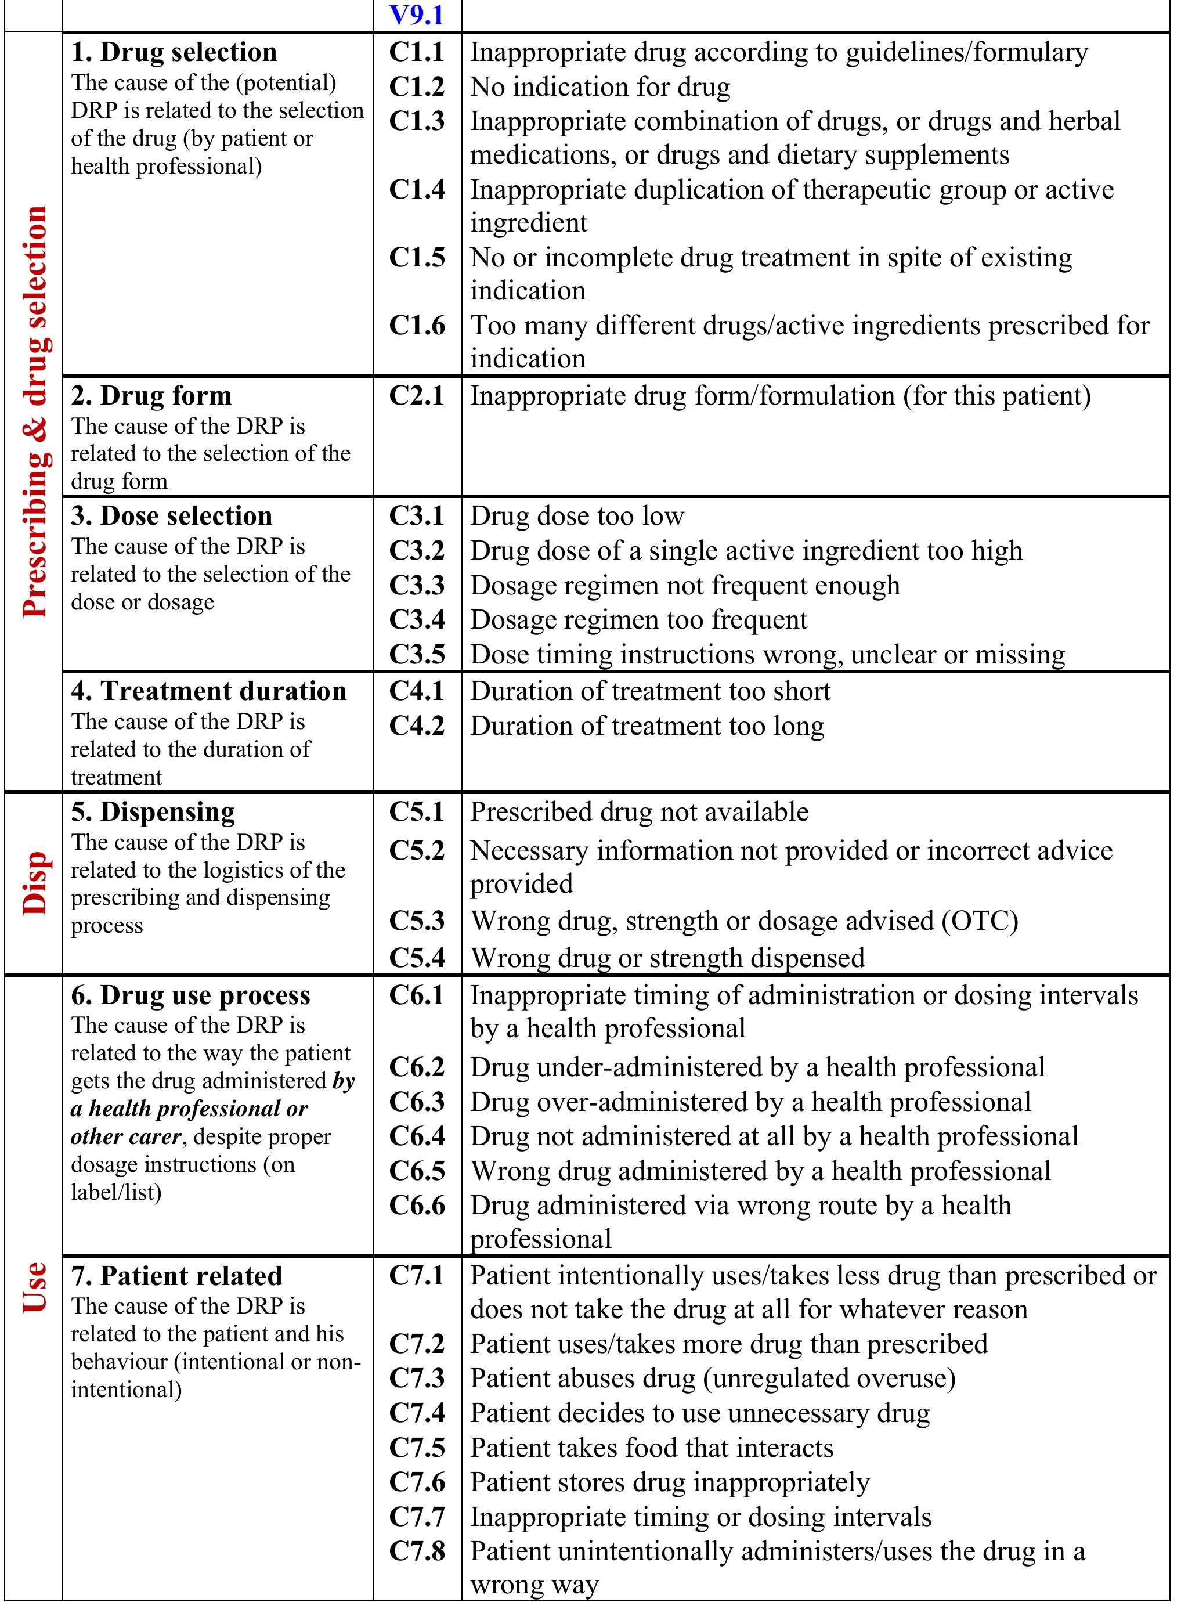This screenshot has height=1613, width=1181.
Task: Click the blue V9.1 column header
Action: click(417, 15)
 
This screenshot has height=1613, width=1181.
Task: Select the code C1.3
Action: click(417, 121)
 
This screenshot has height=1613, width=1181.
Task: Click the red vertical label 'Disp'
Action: click(34, 883)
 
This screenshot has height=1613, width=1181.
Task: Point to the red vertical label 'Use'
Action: click(34, 1287)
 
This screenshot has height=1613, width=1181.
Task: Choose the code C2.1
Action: click(417, 395)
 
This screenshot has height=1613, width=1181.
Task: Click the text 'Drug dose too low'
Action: click(577, 515)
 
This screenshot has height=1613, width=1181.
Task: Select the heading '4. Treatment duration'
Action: click(209, 691)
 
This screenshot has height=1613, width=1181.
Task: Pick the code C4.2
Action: click(417, 726)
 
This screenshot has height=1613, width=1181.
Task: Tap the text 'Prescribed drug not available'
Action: click(639, 811)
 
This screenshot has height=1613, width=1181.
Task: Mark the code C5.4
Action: click(417, 957)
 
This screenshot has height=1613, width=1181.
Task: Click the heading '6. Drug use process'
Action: click(190, 994)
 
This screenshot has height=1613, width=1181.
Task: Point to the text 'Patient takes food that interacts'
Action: click(651, 1447)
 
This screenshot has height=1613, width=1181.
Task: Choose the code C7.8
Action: click(417, 1551)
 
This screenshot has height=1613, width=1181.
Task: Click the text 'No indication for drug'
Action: click(600, 87)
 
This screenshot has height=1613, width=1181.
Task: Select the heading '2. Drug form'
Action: click(151, 395)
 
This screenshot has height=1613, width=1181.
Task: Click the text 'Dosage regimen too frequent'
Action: click(638, 619)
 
